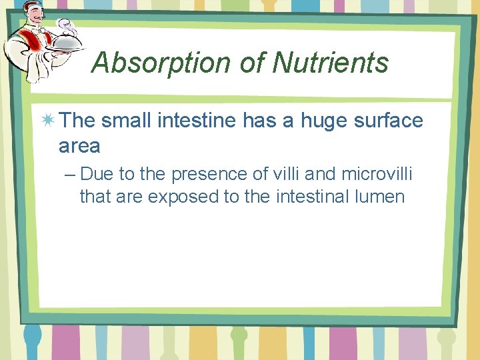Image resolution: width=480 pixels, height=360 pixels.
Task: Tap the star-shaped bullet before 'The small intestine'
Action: click(48, 121)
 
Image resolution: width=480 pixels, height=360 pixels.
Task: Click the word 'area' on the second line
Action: click(79, 145)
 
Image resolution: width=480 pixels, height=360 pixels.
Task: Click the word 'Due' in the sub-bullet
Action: click(97, 175)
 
